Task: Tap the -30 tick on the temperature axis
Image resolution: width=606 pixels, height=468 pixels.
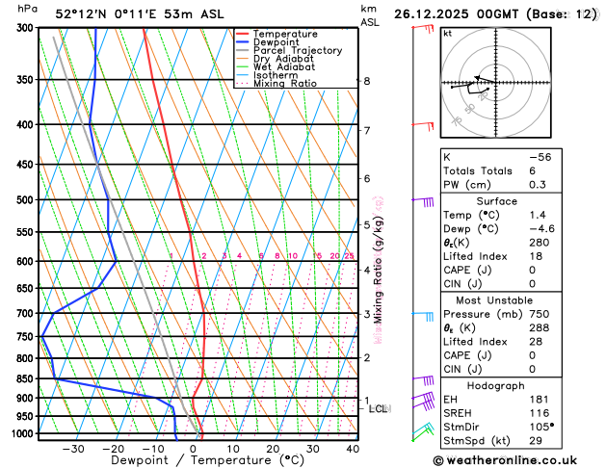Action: tap(73, 449)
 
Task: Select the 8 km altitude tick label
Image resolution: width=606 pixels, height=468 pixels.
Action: tap(366, 81)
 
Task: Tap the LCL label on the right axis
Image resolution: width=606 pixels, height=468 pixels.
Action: tap(379, 408)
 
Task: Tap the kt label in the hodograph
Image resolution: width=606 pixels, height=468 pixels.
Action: tap(448, 33)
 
